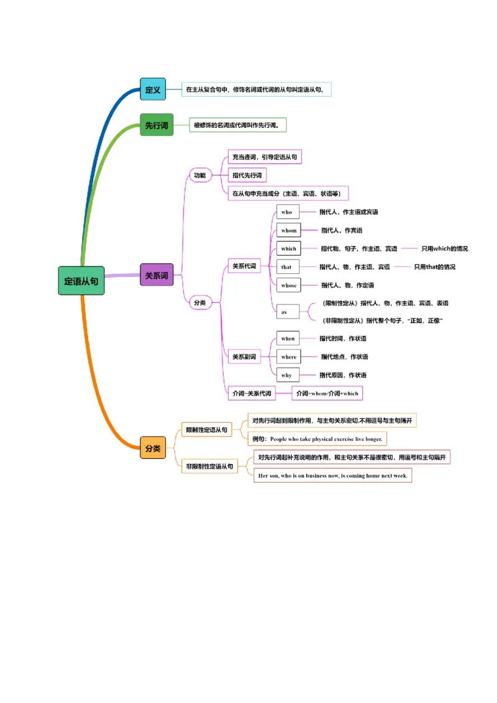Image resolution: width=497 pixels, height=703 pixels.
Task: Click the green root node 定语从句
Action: [81, 281]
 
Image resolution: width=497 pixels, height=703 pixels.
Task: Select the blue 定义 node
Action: [153, 89]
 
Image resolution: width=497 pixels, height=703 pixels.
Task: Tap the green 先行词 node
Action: [157, 125]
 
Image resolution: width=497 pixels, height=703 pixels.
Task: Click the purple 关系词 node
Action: [157, 275]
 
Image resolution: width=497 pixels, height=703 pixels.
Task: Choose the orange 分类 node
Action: [153, 448]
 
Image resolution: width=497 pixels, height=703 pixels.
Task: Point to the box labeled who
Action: [288, 212]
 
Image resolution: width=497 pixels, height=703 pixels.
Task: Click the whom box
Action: [289, 230]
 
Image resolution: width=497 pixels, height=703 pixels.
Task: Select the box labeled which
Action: [289, 248]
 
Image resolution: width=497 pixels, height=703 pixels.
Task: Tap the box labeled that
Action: [287, 267]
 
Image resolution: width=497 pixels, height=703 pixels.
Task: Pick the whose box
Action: [289, 285]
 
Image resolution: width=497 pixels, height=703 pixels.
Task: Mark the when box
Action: [288, 338]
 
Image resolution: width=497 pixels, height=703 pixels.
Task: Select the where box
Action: [289, 356]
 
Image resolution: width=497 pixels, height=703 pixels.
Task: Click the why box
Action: [287, 375]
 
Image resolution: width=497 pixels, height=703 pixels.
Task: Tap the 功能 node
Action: [199, 175]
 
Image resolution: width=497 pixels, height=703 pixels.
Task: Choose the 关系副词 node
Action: [244, 356]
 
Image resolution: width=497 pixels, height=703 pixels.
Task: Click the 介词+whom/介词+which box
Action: [327, 393]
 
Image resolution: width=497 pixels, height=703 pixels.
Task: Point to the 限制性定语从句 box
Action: [207, 429]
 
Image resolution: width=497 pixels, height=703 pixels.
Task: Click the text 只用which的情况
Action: [444, 248]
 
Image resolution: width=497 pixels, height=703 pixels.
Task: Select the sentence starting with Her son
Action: [333, 476]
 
